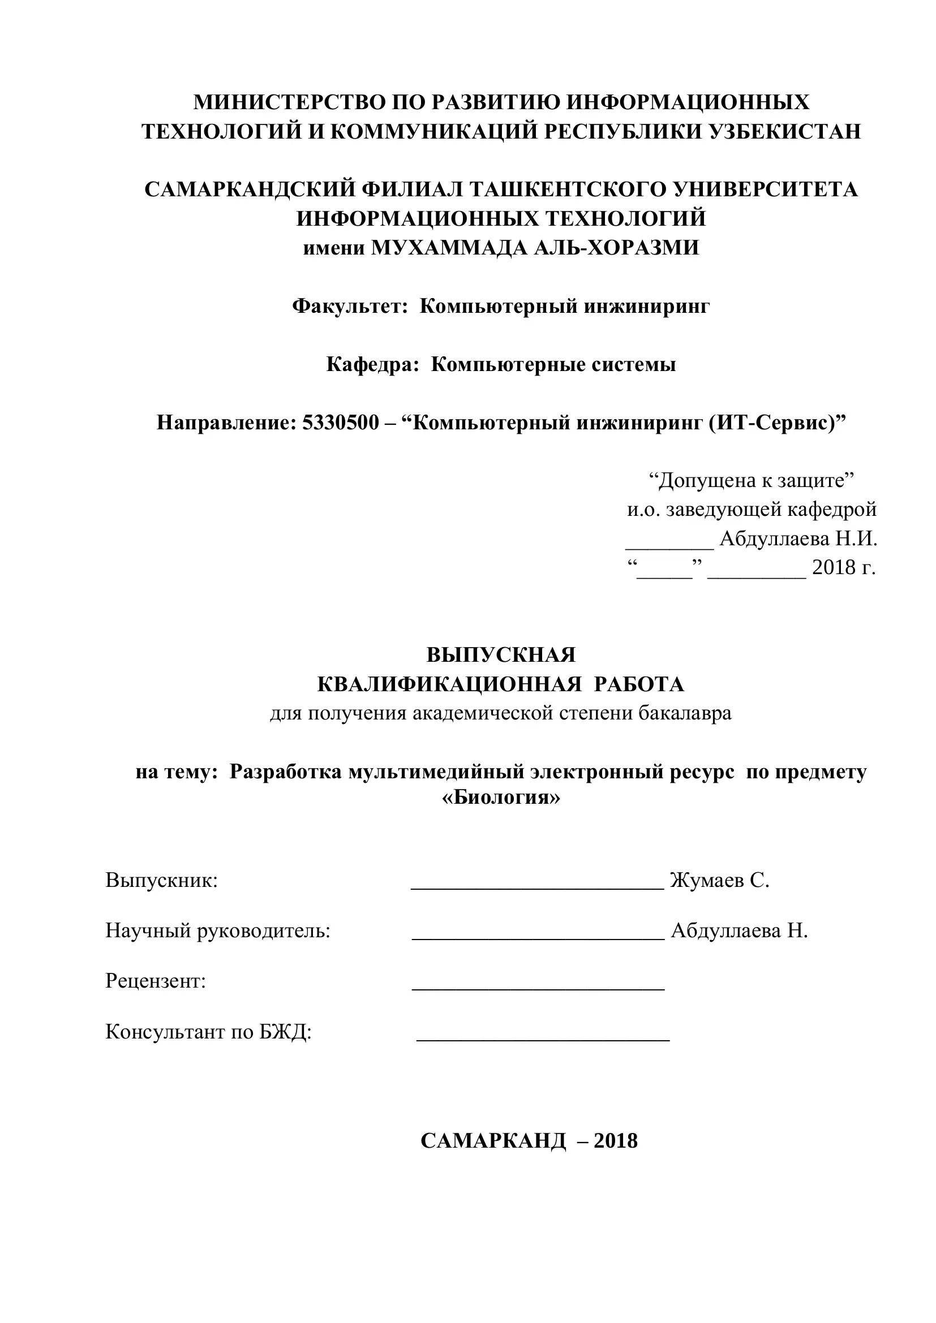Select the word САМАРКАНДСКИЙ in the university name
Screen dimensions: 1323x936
[x=249, y=189]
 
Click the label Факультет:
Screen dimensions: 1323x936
[x=350, y=306]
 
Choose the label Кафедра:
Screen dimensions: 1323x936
[x=372, y=364]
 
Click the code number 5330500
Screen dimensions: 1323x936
[x=341, y=423]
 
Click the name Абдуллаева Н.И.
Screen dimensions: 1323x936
[x=798, y=540]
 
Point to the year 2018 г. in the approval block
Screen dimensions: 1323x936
[x=843, y=568]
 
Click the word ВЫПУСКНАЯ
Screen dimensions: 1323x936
[x=501, y=655]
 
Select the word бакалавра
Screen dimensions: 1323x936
[x=685, y=713]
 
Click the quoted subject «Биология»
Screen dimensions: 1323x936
[x=501, y=798]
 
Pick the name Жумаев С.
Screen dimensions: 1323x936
[x=719, y=881]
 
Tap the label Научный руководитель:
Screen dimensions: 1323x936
[x=218, y=930]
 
